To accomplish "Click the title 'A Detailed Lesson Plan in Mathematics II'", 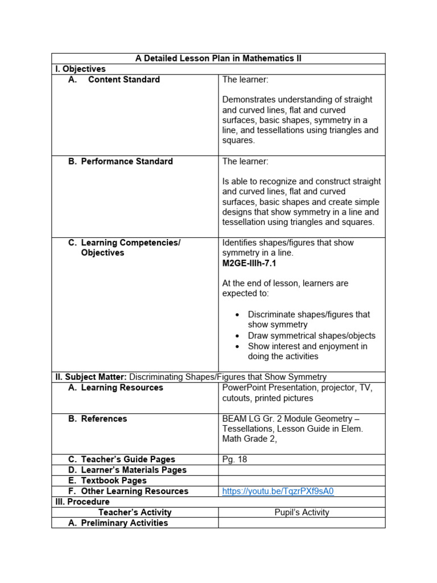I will point(218,59).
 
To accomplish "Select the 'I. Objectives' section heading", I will point(80,69).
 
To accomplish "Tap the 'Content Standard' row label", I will point(123,80).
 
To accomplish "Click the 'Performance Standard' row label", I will point(126,162).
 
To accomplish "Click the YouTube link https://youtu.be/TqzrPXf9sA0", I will point(278,491).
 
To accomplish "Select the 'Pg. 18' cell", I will point(234,459).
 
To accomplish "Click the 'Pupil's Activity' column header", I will point(302,512).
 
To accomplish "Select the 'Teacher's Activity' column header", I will point(135,512).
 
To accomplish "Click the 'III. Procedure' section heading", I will point(83,502).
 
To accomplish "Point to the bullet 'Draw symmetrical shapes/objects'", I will point(311,336).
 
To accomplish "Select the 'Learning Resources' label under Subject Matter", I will point(122,388).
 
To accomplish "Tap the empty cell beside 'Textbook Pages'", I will point(302,481).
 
